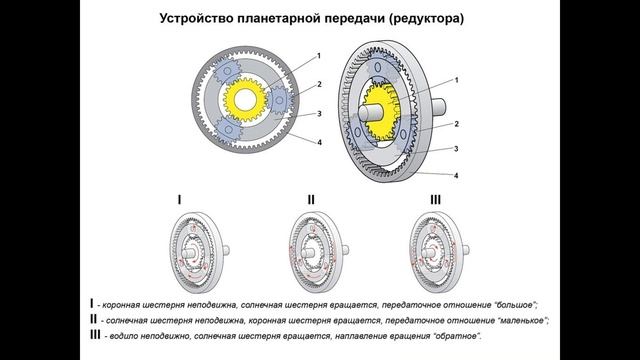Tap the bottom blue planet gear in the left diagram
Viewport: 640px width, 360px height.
pyautogui.click(x=233, y=132)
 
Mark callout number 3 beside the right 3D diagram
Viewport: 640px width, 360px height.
pyautogui.click(x=456, y=149)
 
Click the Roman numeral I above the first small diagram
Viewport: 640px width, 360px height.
pyautogui.click(x=179, y=200)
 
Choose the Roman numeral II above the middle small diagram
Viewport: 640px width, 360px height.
pyautogui.click(x=311, y=200)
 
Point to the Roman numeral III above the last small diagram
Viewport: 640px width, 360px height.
pyautogui.click(x=434, y=200)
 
